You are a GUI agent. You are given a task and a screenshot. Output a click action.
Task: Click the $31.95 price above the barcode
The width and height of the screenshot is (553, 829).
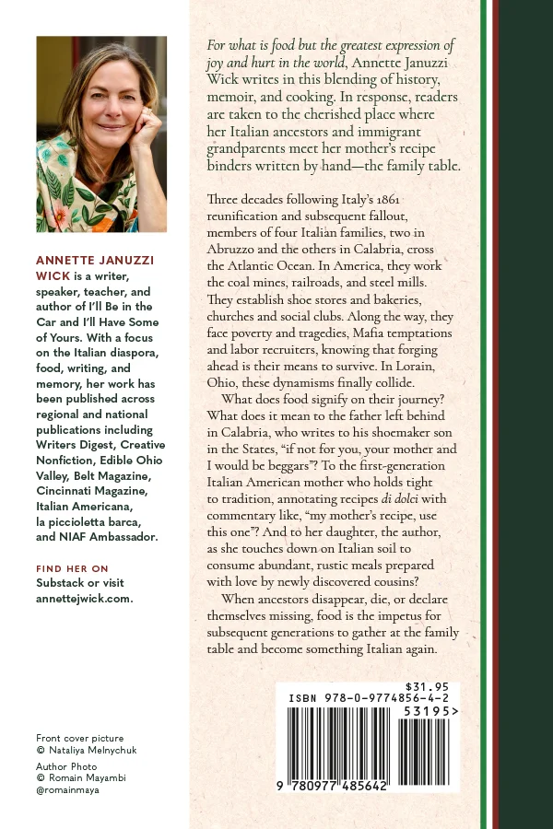(427, 686)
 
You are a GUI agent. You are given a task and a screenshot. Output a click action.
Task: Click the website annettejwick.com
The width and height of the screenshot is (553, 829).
(85, 598)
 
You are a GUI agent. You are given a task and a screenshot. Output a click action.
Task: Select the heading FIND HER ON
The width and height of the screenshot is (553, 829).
(72, 568)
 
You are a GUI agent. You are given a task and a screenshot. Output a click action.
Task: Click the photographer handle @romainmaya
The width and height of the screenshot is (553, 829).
(67, 789)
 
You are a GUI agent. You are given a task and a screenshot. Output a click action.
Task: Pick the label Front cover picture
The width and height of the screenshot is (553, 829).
(79, 738)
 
